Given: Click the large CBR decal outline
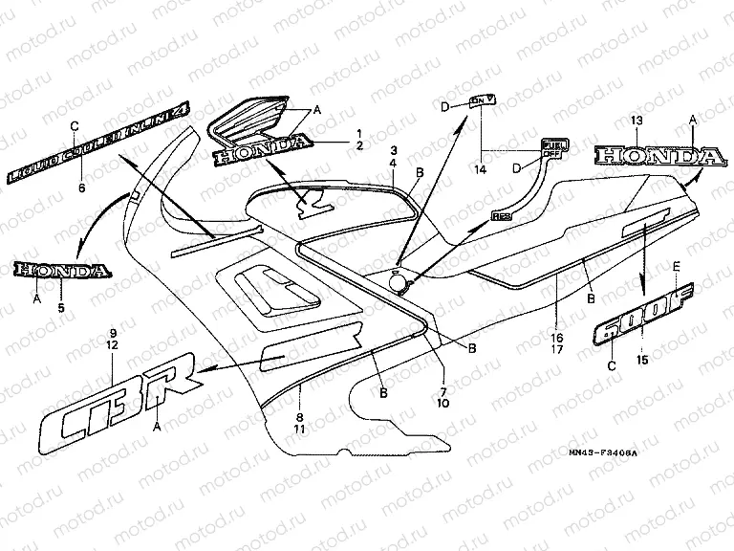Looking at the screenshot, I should [x=119, y=403].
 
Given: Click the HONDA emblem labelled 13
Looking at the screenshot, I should [x=658, y=156].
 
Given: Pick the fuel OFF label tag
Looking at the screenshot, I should [x=551, y=146].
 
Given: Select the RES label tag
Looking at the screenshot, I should [x=503, y=217].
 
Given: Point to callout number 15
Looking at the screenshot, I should [x=640, y=359].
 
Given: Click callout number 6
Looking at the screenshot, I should [x=81, y=189].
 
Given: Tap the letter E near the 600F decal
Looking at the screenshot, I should [x=678, y=265].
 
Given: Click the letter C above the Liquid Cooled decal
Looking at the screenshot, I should [x=74, y=125].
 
